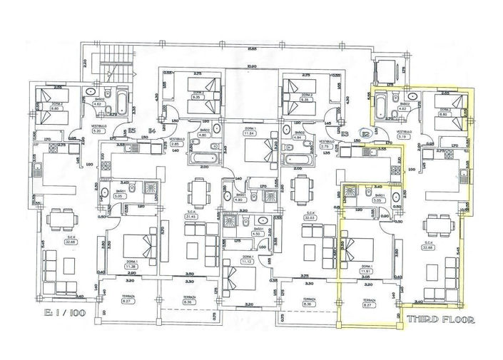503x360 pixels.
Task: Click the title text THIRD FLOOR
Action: pyautogui.click(x=439, y=319)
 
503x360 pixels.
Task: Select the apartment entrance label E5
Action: pyautogui.click(x=132, y=130)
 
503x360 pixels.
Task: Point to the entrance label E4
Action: pyautogui.click(x=151, y=130)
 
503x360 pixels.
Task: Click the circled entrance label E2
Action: pyautogui.click(x=365, y=133)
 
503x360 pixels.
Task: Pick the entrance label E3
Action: pyautogui.click(x=345, y=133)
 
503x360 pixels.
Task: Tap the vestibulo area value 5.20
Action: pyautogui.click(x=78, y=132)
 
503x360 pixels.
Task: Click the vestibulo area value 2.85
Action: pyautogui.click(x=174, y=145)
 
